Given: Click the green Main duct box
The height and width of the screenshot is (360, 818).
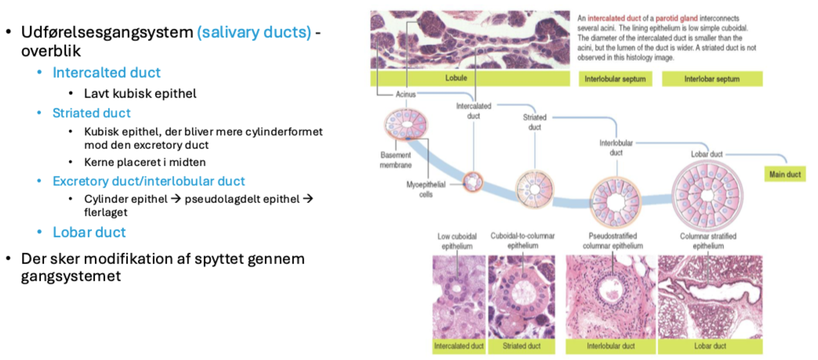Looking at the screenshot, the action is click(785, 174).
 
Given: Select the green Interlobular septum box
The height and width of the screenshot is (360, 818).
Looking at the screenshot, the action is click(615, 79).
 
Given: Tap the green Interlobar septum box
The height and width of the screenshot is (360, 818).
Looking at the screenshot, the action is click(712, 79).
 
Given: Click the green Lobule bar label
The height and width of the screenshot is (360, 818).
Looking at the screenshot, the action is click(470, 78).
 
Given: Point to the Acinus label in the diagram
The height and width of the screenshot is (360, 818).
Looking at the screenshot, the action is click(405, 94).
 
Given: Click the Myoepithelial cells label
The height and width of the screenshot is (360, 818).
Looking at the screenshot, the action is click(426, 189).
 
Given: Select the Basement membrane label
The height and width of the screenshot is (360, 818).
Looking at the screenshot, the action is click(396, 160).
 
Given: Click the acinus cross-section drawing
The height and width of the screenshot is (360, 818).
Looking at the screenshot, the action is click(406, 124).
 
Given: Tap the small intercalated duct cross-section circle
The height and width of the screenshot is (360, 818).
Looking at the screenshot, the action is click(473, 182).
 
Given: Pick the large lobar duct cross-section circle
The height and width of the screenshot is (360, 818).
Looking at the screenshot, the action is click(708, 196).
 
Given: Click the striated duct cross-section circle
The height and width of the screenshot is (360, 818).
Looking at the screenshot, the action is click(534, 189).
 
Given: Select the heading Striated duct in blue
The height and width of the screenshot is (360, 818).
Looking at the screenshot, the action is click(92, 113).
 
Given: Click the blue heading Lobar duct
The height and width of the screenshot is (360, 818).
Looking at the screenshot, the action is click(89, 232).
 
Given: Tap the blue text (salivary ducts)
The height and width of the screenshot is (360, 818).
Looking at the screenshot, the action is click(254, 32).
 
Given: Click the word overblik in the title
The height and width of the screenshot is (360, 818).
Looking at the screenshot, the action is click(51, 51).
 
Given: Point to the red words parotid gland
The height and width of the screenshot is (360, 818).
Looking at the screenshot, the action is click(676, 18).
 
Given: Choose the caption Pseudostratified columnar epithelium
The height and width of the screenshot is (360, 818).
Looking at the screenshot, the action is click(613, 241).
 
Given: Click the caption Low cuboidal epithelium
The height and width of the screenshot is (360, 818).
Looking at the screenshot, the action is click(457, 241).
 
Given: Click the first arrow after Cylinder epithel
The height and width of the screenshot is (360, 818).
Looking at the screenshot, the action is click(176, 199).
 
